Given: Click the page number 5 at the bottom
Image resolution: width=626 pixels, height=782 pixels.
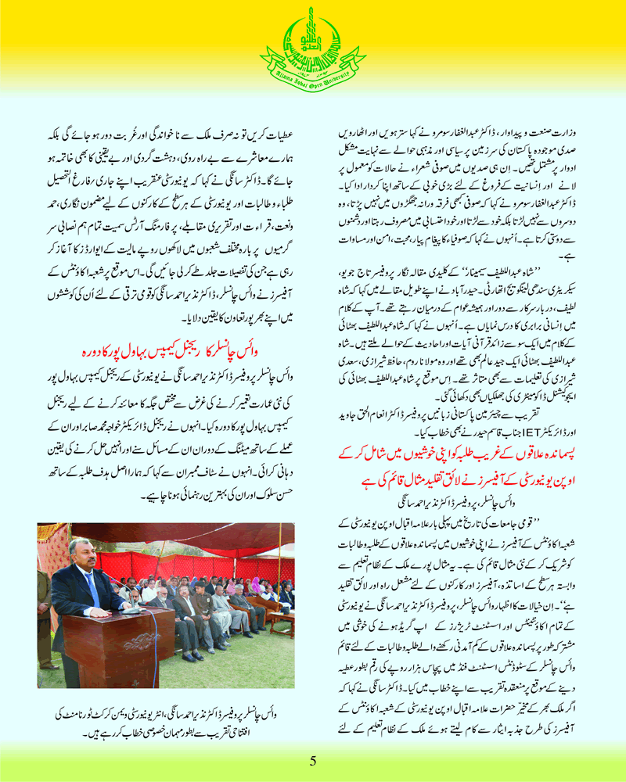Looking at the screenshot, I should click(x=312, y=761).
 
